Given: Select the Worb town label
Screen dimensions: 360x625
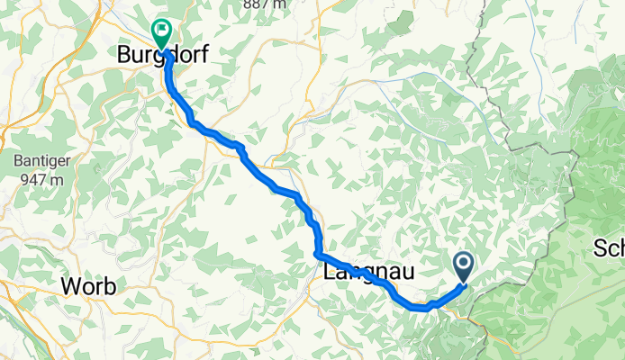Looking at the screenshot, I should [x=88, y=287].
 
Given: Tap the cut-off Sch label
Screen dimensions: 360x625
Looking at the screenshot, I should [x=610, y=247].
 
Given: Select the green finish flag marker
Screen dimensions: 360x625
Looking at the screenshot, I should [x=162, y=33].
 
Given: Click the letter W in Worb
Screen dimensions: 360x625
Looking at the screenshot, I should [x=70, y=287].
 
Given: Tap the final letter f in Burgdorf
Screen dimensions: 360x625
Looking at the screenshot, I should [x=204, y=54].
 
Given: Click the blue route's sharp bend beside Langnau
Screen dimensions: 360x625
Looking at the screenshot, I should [x=319, y=254].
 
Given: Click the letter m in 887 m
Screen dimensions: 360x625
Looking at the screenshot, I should [x=282, y=4].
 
